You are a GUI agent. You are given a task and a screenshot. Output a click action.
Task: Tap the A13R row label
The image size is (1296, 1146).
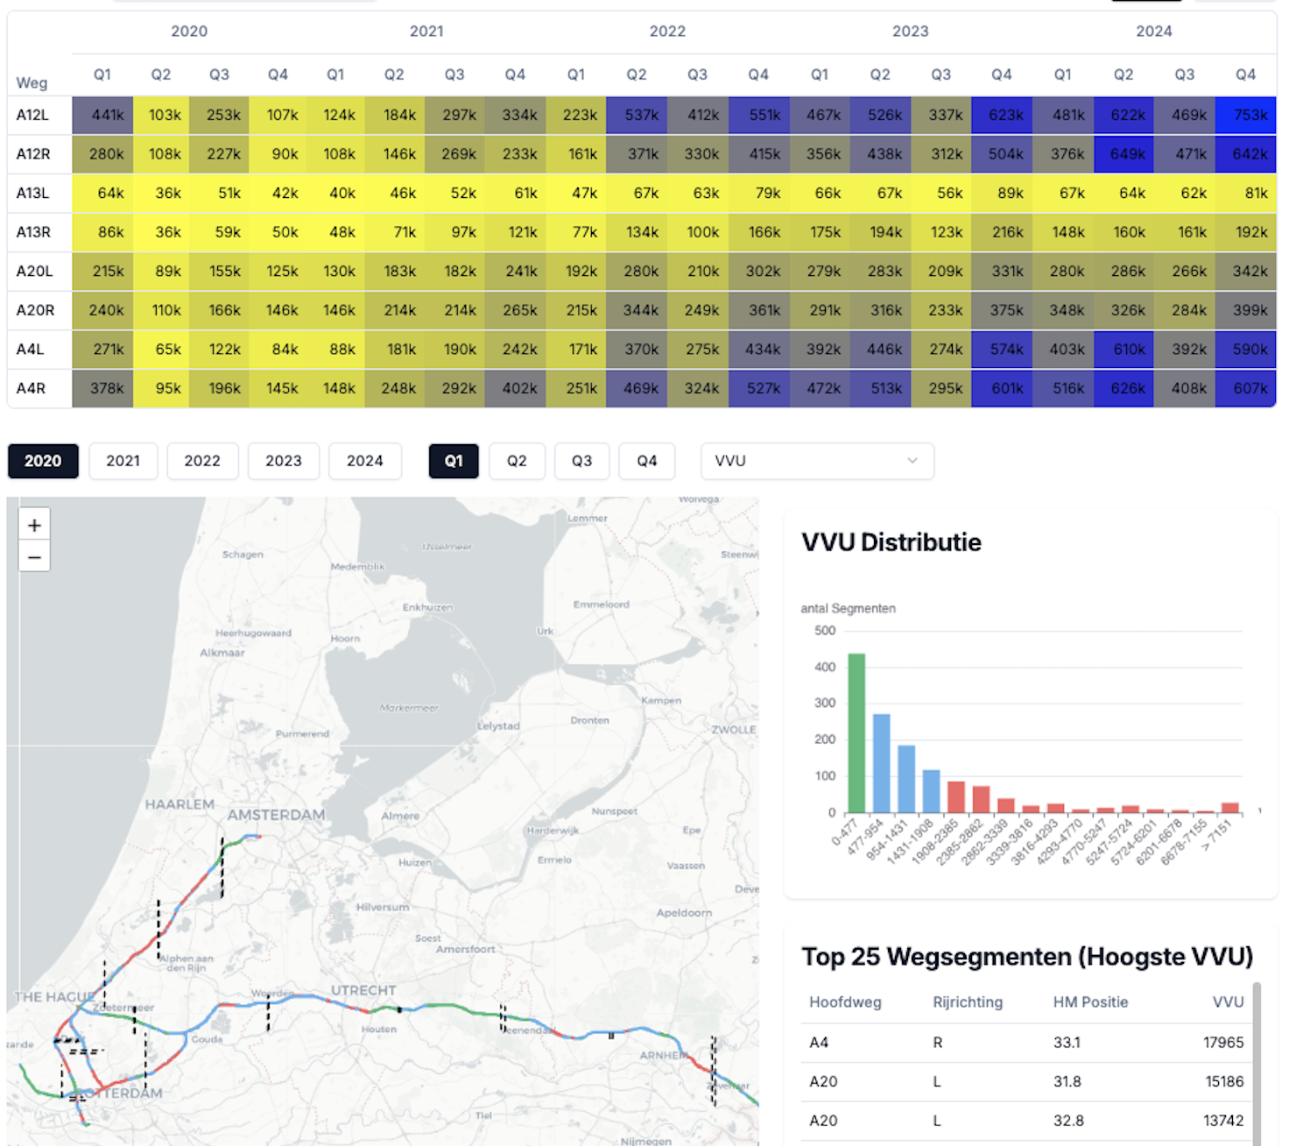pyautogui.click(x=33, y=232)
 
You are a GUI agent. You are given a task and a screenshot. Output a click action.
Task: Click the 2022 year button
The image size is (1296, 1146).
pyautogui.click(x=202, y=461)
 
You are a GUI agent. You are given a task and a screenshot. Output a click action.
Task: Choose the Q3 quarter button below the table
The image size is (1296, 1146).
pyautogui.click(x=581, y=461)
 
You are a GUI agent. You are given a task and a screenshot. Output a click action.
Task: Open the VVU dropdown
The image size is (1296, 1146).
pyautogui.click(x=816, y=461)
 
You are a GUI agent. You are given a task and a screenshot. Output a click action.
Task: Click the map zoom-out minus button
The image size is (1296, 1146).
pyautogui.click(x=34, y=557)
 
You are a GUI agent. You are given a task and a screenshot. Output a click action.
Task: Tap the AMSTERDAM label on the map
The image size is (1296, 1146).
pyautogui.click(x=276, y=815)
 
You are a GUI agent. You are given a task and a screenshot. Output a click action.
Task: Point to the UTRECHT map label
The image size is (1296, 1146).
pyautogui.click(x=363, y=990)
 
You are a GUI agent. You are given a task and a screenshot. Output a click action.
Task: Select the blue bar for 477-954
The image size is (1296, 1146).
pyautogui.click(x=882, y=763)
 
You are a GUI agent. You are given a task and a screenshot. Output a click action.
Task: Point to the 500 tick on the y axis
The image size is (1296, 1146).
pyautogui.click(x=825, y=631)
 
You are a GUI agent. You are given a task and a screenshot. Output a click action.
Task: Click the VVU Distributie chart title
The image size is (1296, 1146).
pyautogui.click(x=891, y=542)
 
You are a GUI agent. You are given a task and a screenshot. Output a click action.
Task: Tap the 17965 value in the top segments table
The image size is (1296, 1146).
pyautogui.click(x=1223, y=1043)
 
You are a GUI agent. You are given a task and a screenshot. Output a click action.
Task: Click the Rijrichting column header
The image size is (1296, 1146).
pyautogui.click(x=968, y=1002)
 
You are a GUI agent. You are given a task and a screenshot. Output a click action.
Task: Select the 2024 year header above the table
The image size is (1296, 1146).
pyautogui.click(x=1153, y=32)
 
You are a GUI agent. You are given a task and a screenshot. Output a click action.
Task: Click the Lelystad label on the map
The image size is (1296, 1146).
pyautogui.click(x=498, y=725)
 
